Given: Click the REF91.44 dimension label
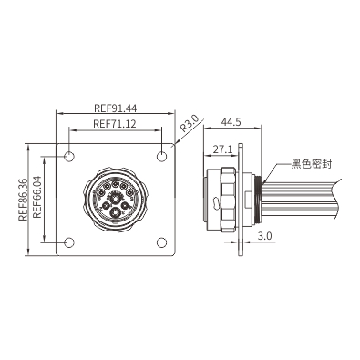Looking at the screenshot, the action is click(116, 108).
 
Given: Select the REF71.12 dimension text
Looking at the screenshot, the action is click(115, 124).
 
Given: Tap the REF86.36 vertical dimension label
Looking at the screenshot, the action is click(23, 200).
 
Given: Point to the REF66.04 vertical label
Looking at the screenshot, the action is click(36, 197).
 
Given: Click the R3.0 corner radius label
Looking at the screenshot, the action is click(190, 123).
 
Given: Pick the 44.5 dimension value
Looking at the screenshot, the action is click(231, 122).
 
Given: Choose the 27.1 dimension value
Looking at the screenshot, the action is click(222, 149).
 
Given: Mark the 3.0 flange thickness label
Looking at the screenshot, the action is click(264, 236).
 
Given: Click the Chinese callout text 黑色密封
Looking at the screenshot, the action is click(312, 164).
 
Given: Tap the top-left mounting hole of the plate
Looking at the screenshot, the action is click(69, 157).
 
